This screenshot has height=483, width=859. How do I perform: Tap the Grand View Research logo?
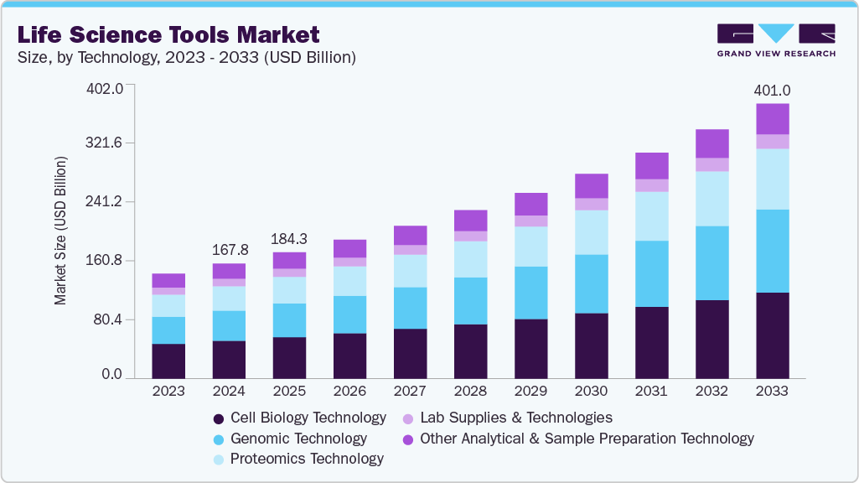[x=776, y=39]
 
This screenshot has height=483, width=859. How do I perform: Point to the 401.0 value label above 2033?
[x=772, y=90]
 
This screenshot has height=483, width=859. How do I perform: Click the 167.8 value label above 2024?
[x=229, y=250]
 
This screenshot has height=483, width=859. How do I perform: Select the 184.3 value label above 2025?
[x=289, y=239]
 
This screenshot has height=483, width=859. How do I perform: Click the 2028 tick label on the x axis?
[x=470, y=391]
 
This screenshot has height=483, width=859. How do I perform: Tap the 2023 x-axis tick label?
[x=168, y=391]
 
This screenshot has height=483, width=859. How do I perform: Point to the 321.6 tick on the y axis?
[x=106, y=143]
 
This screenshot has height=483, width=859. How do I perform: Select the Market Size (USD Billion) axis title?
[x=60, y=231]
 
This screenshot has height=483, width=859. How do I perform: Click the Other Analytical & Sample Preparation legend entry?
[x=578, y=439]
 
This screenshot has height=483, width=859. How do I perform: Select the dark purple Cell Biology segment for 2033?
[x=772, y=335]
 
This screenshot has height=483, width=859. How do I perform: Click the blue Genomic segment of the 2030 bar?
[x=591, y=283]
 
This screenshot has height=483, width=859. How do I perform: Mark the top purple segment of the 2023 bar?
[x=168, y=281]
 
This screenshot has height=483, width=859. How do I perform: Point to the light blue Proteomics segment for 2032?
[x=712, y=199]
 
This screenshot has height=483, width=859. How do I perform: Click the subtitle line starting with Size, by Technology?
[x=189, y=57]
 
